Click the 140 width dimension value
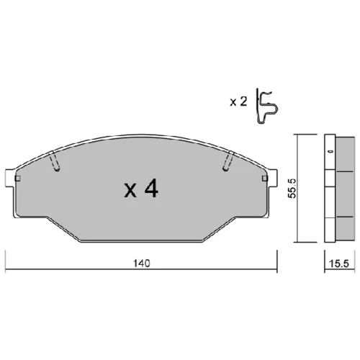[x=142, y=264]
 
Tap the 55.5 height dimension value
[x=292, y=189]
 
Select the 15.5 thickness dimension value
[x=338, y=264]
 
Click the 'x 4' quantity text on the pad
[x=141, y=189]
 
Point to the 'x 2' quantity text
[x=238, y=102]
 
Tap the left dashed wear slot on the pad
[x=55, y=161]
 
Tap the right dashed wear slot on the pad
[x=228, y=161]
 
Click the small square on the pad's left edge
[x=18, y=179]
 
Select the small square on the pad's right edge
[x=265, y=179]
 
